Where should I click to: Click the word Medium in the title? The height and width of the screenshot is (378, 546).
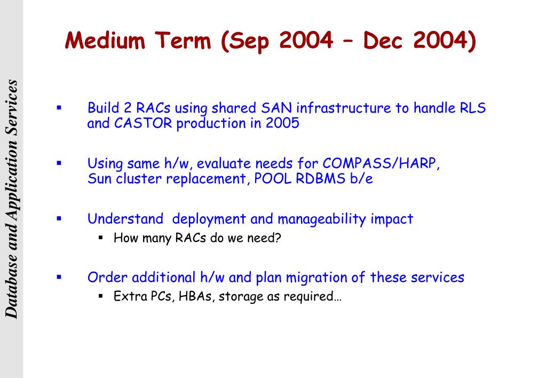coord(105,40)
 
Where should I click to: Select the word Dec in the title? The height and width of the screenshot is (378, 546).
coord(383,40)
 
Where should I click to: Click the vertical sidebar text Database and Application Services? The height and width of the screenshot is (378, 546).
coord(11,199)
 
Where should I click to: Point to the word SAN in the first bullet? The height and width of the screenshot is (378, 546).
coord(276,108)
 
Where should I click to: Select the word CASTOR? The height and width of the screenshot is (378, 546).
coord(143,123)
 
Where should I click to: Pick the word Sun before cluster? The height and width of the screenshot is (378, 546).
coord(99,179)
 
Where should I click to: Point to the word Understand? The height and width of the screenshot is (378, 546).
coord(125,219)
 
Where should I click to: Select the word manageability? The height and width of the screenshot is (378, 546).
coord(322,219)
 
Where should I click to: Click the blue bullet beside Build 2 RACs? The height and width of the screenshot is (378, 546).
coord(59,108)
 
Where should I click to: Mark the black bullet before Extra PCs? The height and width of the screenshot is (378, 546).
coord(101,296)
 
